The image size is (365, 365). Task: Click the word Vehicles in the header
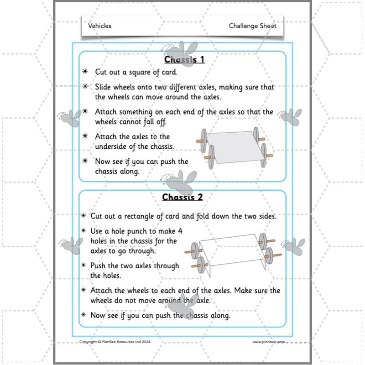(99, 26)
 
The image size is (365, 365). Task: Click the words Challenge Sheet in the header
(252, 26)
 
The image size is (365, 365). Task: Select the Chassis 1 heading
(184, 60)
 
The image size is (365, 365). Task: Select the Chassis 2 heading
(182, 198)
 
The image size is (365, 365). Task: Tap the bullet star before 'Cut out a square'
(85, 72)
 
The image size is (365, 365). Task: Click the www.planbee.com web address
(269, 341)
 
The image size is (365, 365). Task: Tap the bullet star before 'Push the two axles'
(84, 266)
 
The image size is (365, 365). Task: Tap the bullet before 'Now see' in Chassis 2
(84, 315)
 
